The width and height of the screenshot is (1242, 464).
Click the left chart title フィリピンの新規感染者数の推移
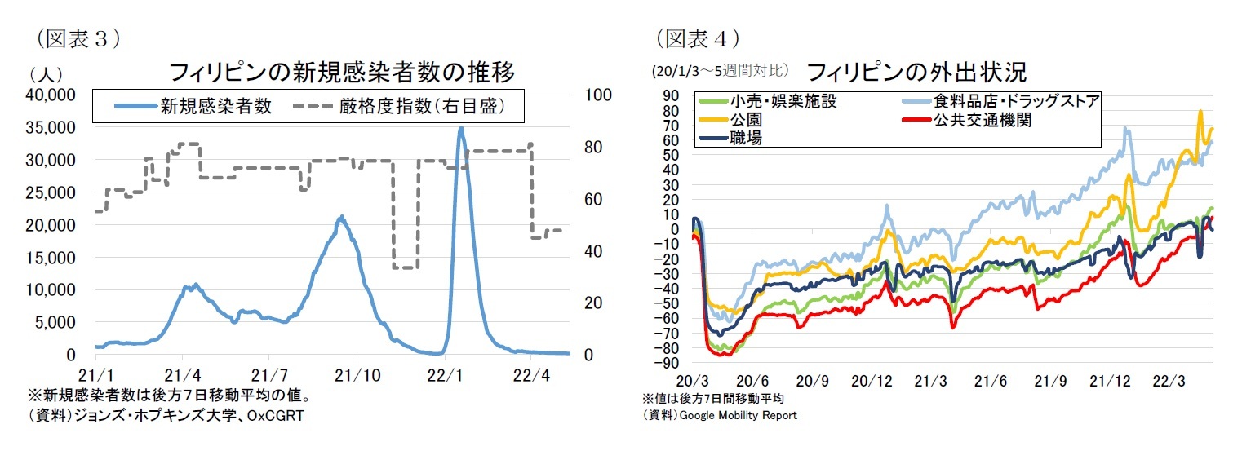click(341, 73)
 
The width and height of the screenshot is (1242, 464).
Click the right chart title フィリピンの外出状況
click(916, 72)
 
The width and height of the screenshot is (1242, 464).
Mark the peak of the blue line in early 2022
click(461, 128)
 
